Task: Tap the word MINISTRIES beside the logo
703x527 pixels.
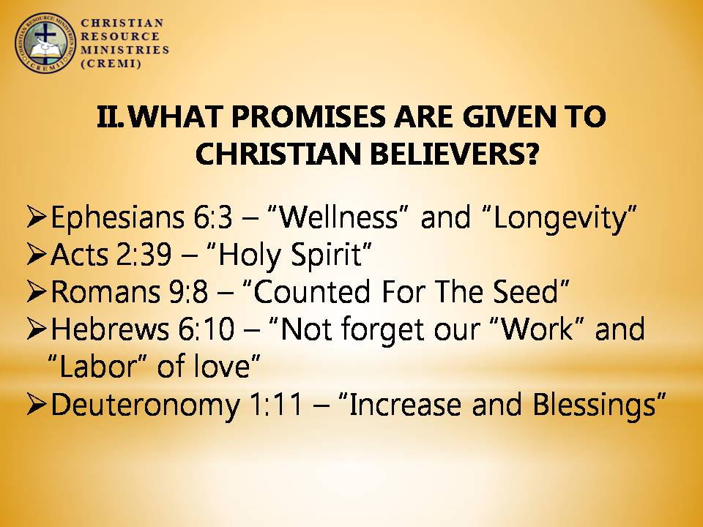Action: (x=125, y=50)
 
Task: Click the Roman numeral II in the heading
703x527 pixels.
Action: (x=109, y=116)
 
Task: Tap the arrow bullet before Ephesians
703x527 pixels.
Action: (x=37, y=217)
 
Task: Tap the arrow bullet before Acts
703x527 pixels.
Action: (x=37, y=254)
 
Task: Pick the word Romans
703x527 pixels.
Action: (x=105, y=292)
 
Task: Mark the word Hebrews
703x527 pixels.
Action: (x=110, y=329)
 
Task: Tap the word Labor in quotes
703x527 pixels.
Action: (x=97, y=367)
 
